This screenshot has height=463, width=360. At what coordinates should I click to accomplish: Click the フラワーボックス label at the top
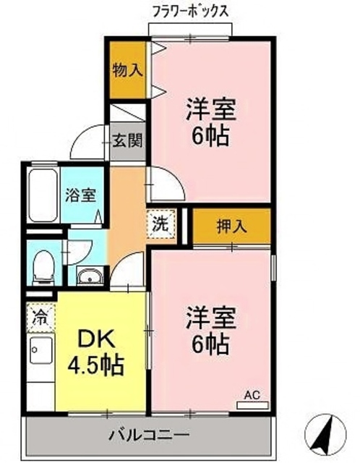pos(192,11)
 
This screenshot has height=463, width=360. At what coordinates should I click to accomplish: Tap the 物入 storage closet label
pos(127,70)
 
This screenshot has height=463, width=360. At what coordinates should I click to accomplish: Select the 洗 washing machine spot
pos(160,224)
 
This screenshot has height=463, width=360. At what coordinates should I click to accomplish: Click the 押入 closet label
pos(231,226)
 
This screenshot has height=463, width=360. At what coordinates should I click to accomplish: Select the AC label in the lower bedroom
pos(251,396)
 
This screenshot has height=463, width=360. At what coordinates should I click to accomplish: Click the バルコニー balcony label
pos(150,436)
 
